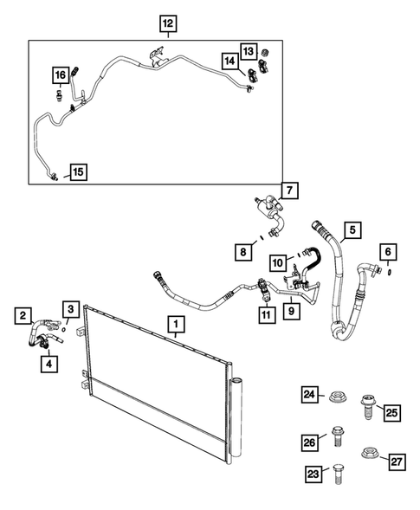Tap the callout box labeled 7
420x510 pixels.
coord(290,190)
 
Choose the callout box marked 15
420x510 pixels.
coord(77,172)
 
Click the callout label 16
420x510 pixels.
coord(60,74)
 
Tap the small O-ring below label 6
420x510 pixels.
coord(389,271)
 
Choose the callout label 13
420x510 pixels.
coord(248,51)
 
